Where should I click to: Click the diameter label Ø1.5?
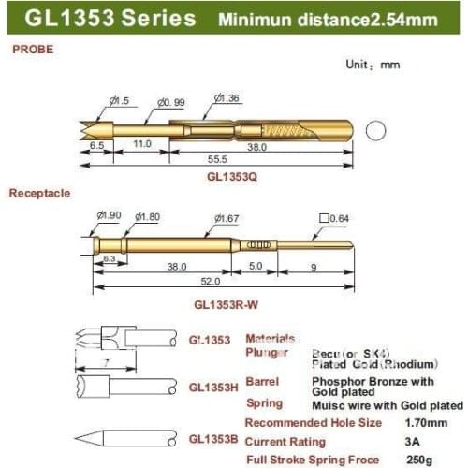tap(120, 99)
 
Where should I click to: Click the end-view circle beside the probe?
tap(375, 130)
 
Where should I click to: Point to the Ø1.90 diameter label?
tap(109, 215)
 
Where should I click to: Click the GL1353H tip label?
tap(215, 386)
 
